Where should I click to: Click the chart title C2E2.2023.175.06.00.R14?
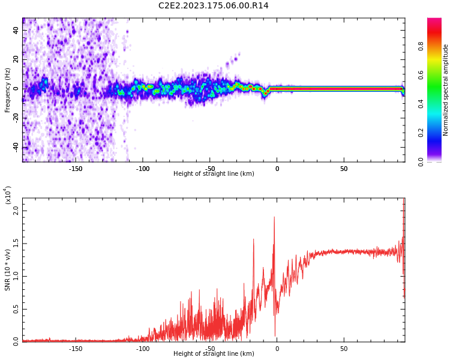[x=214, y=6]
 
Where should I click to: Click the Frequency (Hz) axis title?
[x=8, y=90]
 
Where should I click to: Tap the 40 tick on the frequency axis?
[x=16, y=29]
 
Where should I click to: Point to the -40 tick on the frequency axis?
[x=14, y=147]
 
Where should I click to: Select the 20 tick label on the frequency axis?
[x=16, y=59]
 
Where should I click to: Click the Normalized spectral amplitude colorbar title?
[x=446, y=90]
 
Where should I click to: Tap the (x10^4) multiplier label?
[x=8, y=195]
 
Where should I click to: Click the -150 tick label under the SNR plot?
[x=76, y=348]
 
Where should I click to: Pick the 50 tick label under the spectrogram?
[x=344, y=169]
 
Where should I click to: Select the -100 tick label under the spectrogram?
[x=143, y=169]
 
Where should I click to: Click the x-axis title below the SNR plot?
[x=214, y=354]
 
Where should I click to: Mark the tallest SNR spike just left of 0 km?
[x=274, y=217]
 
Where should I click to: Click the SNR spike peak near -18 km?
[x=253, y=239]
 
